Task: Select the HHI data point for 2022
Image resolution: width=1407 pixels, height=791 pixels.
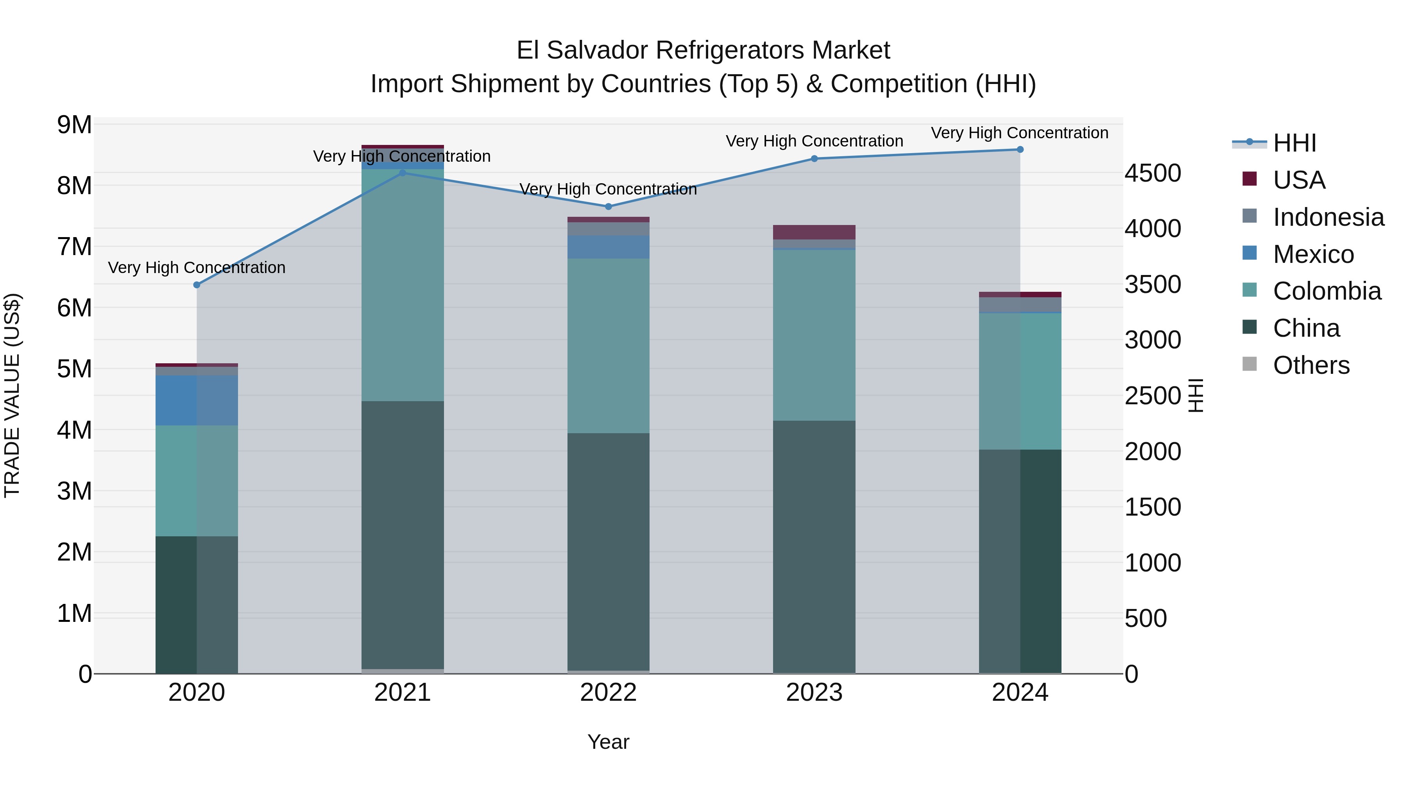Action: (609, 206)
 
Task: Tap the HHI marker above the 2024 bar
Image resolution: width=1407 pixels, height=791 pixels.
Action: (1020, 150)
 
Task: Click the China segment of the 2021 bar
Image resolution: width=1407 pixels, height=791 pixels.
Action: (403, 535)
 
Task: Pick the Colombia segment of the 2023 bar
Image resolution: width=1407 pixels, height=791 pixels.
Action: (814, 335)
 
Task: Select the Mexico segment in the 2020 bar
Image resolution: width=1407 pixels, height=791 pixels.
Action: (197, 400)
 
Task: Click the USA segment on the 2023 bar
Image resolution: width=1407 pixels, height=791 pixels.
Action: (814, 232)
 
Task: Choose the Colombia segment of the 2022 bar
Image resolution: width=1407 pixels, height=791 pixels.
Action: (609, 346)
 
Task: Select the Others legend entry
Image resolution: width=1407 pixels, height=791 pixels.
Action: (1311, 365)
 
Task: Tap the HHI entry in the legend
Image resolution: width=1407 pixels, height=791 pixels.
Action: (1294, 143)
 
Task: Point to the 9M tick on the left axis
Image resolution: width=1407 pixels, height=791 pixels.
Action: (74, 125)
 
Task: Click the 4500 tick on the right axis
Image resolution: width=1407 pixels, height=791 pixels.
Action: (1153, 173)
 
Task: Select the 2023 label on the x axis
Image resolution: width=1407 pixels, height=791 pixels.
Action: (814, 693)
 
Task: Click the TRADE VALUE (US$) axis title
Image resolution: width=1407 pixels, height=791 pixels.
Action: (13, 395)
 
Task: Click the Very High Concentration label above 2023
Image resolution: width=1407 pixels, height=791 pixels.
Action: (814, 141)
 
